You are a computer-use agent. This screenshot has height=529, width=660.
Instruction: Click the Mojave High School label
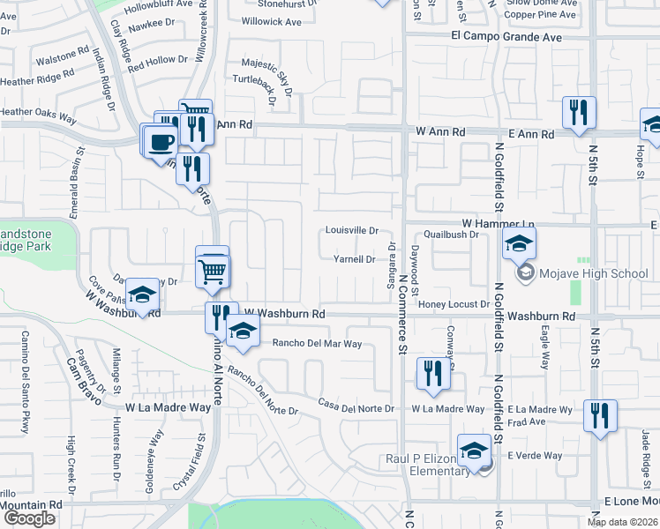(594, 273)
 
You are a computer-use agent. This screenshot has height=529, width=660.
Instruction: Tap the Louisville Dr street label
(351, 231)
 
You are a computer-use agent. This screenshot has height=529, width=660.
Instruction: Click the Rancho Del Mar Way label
(317, 344)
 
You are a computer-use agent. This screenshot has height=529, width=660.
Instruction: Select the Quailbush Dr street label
(450, 235)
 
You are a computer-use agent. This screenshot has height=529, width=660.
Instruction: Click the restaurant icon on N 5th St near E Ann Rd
(579, 113)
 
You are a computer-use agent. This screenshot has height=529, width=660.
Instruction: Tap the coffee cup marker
(160, 141)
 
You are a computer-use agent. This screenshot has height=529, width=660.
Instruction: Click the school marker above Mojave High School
(520, 243)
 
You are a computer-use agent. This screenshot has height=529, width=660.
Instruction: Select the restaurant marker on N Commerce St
(433, 371)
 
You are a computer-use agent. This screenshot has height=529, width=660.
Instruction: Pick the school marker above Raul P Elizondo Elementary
(474, 449)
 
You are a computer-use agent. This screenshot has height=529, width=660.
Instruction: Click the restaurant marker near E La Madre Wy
(600, 415)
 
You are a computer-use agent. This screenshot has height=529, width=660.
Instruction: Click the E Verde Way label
(534, 456)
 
